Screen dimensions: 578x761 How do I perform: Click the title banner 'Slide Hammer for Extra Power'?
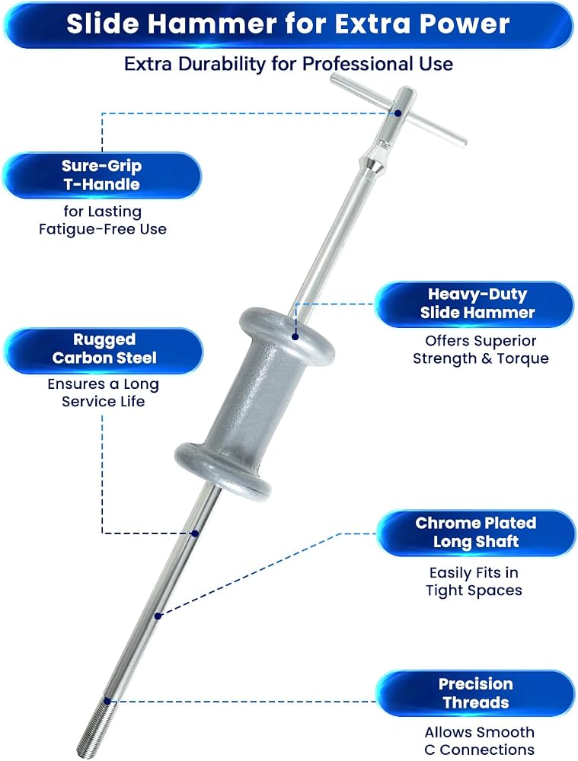tap(289, 25)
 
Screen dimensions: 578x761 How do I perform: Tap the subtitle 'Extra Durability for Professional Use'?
tap(289, 64)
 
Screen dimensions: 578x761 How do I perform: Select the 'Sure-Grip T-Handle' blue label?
tap(102, 175)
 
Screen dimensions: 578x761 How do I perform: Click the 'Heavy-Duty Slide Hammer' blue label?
tap(475, 304)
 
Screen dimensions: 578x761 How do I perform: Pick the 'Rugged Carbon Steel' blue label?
tap(104, 349)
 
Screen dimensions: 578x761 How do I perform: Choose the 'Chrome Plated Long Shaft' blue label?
tap(475, 533)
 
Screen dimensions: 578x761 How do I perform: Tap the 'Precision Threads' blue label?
tap(475, 693)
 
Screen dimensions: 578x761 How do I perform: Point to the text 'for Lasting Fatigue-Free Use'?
tap(103, 221)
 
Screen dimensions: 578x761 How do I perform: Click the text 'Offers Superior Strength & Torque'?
tap(481, 349)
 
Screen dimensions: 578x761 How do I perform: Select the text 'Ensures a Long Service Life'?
tap(103, 393)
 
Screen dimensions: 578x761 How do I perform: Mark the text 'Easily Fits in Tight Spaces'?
tap(474, 581)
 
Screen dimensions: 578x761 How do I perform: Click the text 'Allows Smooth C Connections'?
tap(480, 740)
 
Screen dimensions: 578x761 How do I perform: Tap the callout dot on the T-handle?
tap(398, 113)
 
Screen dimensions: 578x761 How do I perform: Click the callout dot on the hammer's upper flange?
tap(295, 336)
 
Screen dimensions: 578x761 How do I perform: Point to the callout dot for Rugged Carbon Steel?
tap(195, 533)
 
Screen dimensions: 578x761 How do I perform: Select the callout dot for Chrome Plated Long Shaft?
tap(158, 616)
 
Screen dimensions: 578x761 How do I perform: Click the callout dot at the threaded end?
tap(107, 701)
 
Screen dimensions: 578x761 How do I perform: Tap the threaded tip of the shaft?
tap(97, 727)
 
